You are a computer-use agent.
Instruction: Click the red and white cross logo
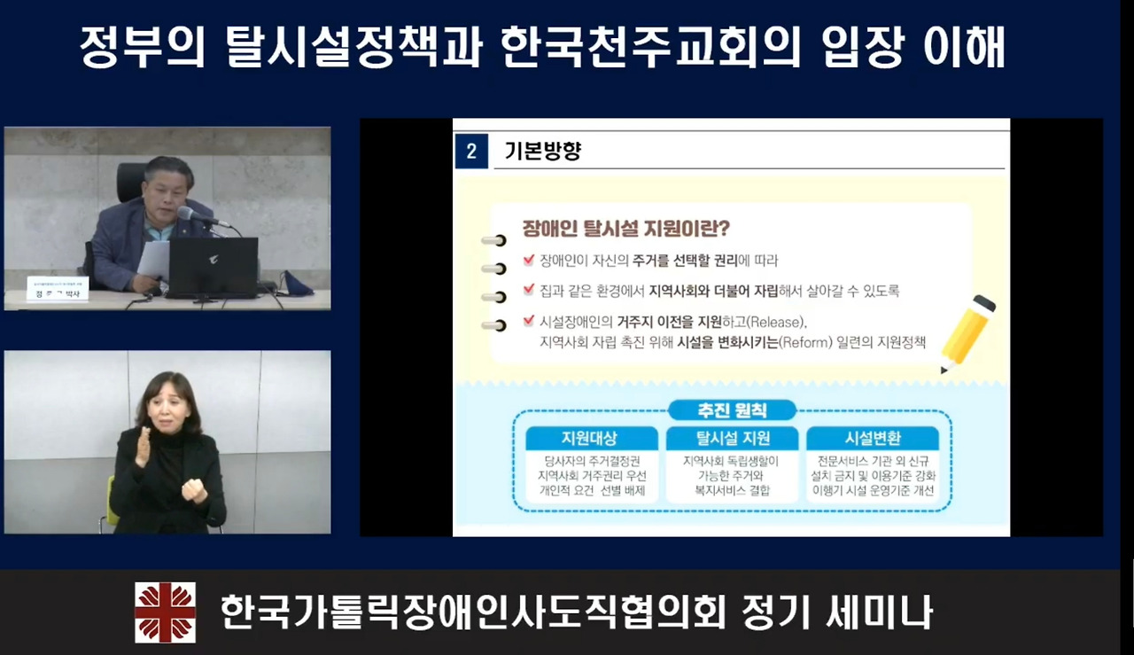point(165,612)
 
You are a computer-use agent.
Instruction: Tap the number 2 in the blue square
point(470,152)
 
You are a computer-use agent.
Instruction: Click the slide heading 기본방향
point(542,152)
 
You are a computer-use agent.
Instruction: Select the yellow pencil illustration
point(967,333)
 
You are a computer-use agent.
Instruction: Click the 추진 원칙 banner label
point(732,410)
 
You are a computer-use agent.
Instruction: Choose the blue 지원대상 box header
point(590,438)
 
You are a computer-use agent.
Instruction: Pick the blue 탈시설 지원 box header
point(731,438)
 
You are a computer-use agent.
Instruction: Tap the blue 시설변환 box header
point(872,438)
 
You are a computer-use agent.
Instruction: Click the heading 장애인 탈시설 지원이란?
point(625,229)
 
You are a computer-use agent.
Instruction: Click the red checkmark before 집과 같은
point(529,290)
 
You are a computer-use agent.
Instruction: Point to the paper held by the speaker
point(153,259)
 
